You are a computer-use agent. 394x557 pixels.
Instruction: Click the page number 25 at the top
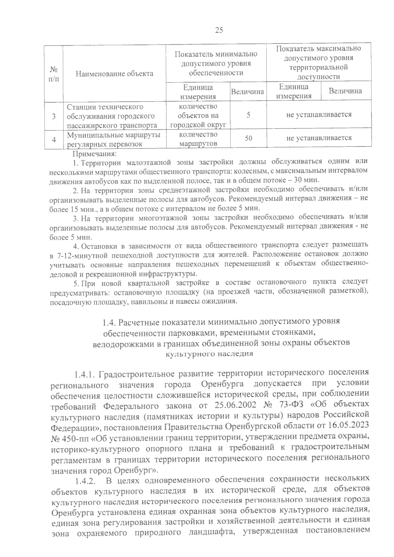pyautogui.click(x=219, y=31)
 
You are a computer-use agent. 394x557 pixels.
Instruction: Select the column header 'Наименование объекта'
pyautogui.click(x=114, y=74)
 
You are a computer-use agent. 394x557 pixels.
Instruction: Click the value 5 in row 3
pyautogui.click(x=249, y=115)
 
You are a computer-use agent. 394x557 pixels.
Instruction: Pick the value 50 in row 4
pyautogui.click(x=249, y=139)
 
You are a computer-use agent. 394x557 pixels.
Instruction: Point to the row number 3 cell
pyautogui.click(x=54, y=117)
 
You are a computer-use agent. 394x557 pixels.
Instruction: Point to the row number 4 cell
pyautogui.click(x=54, y=140)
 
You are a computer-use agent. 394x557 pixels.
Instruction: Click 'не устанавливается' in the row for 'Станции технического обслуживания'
pyautogui.click(x=319, y=115)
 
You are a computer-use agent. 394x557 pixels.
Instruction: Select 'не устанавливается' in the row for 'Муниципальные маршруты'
pyautogui.click(x=319, y=138)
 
